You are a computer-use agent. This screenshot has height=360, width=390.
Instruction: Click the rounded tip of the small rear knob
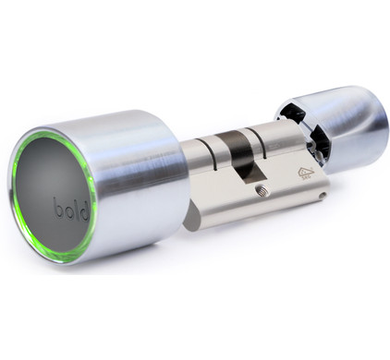(374, 125)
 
